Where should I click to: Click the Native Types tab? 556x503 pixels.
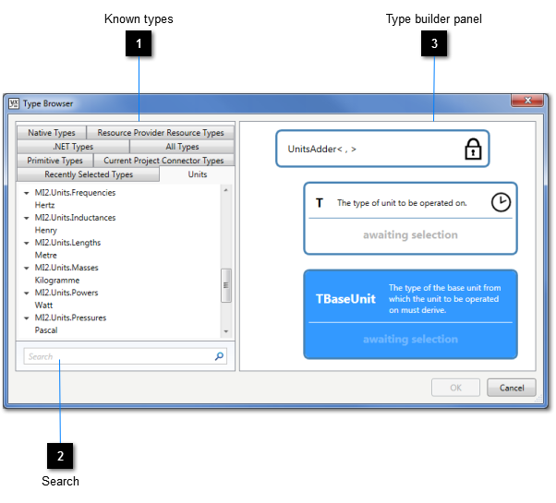(52, 133)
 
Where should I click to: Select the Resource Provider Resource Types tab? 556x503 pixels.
(161, 133)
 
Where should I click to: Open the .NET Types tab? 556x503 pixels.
(73, 147)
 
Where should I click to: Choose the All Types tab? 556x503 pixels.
(182, 147)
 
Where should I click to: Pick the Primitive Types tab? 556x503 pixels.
(55, 160)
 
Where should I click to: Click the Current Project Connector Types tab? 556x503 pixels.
(163, 160)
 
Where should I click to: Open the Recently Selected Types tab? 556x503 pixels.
(89, 174)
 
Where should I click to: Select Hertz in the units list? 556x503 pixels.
(44, 205)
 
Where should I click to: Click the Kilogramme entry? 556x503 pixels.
(57, 281)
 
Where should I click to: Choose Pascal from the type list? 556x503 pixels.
(46, 330)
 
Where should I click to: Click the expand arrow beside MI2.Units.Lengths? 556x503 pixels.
(26, 243)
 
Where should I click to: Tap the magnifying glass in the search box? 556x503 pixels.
(219, 356)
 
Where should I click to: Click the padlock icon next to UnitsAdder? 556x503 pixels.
(473, 149)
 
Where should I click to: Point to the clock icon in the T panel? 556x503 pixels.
(501, 202)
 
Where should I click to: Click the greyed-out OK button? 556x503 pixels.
(455, 388)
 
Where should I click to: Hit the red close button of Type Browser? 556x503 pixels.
(527, 101)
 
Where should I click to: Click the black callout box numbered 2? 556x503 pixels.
(60, 456)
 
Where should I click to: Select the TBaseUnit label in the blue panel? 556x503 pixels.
(345, 299)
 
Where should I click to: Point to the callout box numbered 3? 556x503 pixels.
(434, 43)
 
